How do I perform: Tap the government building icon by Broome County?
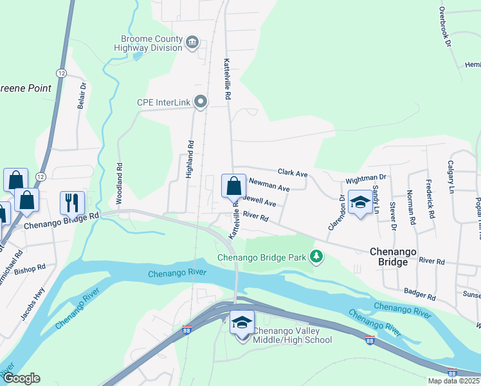click(x=192, y=43)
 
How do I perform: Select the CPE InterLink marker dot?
click(x=201, y=102)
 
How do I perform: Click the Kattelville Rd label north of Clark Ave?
click(x=227, y=78)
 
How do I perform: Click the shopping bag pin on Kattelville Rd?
click(x=233, y=187)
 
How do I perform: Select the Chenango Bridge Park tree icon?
click(x=316, y=257)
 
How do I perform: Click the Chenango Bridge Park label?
click(x=262, y=258)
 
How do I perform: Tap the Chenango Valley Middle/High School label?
click(x=292, y=335)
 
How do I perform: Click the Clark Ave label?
click(x=293, y=173)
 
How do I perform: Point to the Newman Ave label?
click(x=269, y=186)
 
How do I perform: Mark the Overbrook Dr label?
click(x=448, y=25)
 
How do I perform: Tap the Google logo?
click(x=21, y=378)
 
